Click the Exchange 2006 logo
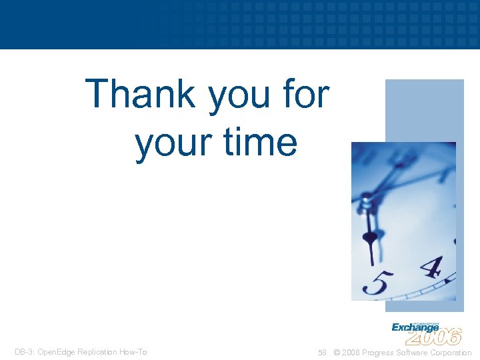[x=426, y=332]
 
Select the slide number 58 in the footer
[x=322, y=353]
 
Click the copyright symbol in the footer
[x=337, y=353]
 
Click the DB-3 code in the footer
[x=22, y=352]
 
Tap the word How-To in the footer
[x=133, y=352]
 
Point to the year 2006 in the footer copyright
[x=353, y=353]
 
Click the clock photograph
[x=403, y=220]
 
